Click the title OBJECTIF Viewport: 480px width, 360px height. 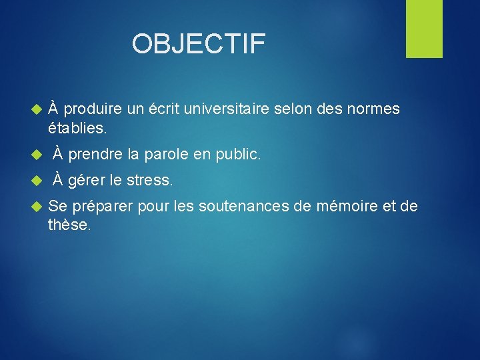click(199, 44)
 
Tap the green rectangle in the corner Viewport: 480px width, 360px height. click(424, 29)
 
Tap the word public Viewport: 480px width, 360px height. click(238, 155)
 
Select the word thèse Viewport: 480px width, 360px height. click(69, 225)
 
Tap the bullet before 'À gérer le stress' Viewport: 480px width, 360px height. click(37, 181)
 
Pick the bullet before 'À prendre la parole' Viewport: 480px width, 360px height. click(37, 155)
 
